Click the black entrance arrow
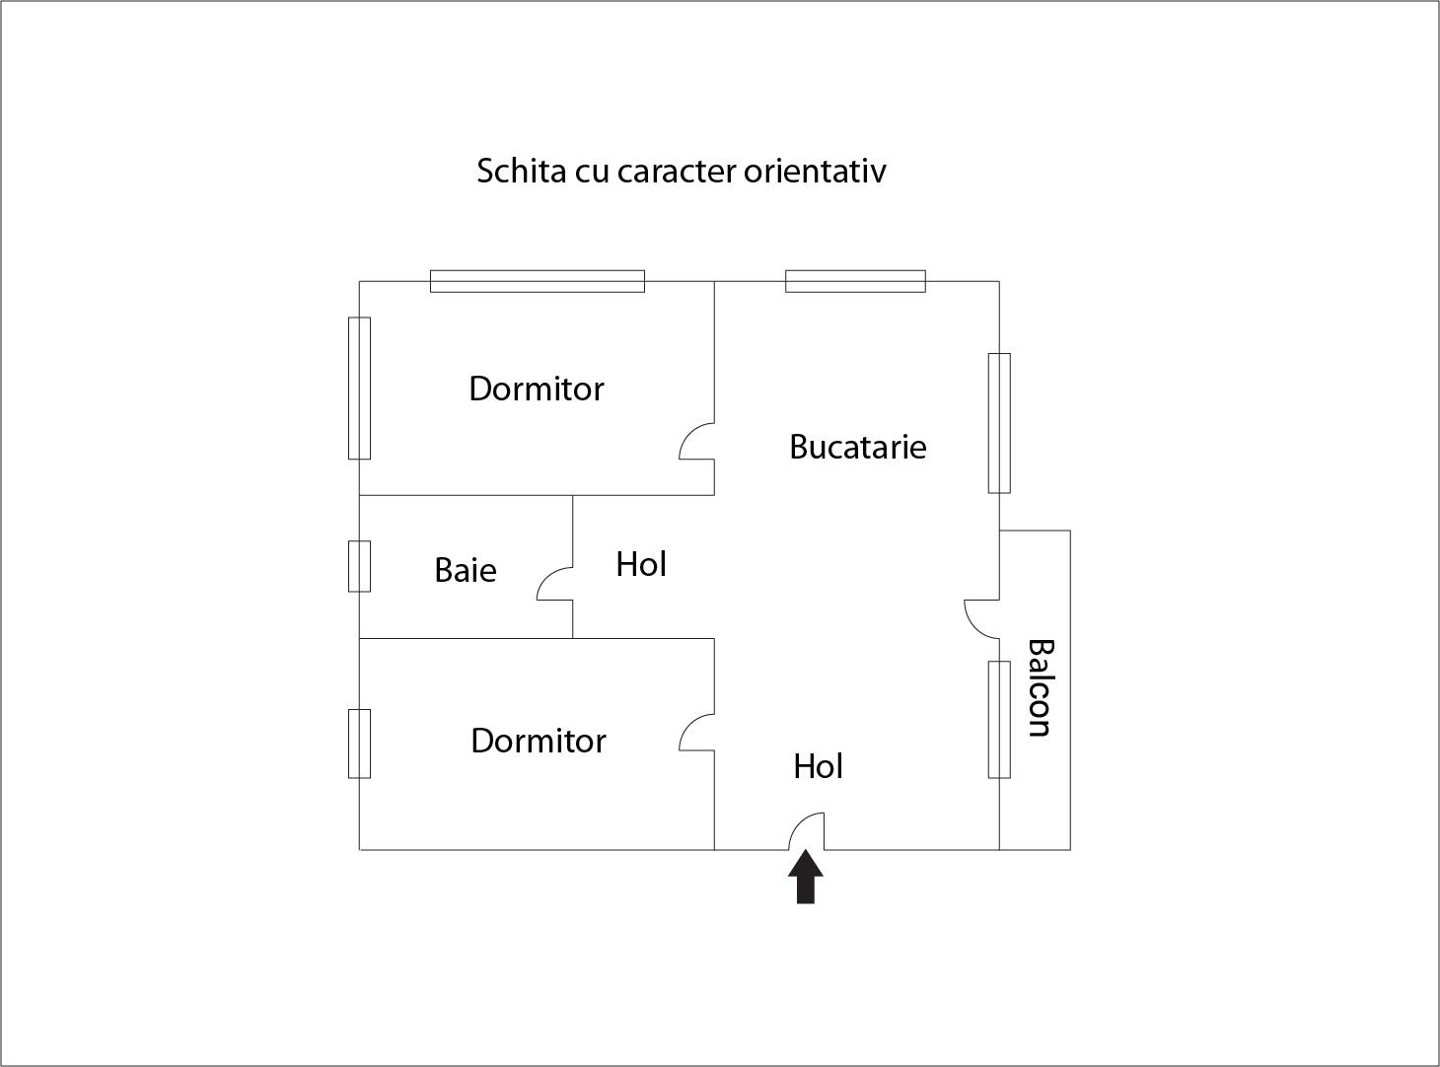tap(807, 879)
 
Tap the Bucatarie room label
tap(857, 448)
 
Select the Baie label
tap(465, 570)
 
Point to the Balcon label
tap(1040, 687)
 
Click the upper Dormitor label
tap(536, 389)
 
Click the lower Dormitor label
tap(538, 741)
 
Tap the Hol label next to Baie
tap(641, 564)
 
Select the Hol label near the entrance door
tap(818, 766)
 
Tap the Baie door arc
tap(553, 584)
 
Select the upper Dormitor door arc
tap(696, 442)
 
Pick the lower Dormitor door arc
tap(696, 733)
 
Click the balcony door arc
tap(980, 617)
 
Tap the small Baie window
tap(359, 566)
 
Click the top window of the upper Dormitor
tap(538, 281)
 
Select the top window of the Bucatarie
tap(855, 281)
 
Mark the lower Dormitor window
tap(359, 744)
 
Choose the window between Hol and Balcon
tap(999, 719)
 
